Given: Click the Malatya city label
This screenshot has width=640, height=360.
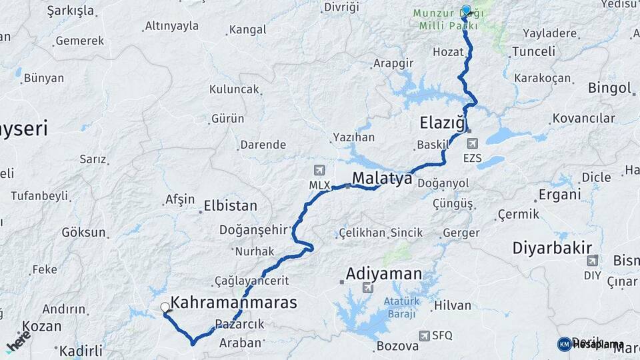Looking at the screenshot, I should (382, 178).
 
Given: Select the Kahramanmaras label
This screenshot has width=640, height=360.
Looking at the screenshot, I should (233, 302).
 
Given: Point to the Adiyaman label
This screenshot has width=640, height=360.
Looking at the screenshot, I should (384, 273).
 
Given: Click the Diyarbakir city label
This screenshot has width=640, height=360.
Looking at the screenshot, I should (552, 248).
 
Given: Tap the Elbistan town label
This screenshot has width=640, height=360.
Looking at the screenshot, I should (230, 206).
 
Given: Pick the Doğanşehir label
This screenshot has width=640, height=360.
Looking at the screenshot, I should (253, 229).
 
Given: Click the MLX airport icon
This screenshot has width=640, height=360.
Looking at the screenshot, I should (319, 171).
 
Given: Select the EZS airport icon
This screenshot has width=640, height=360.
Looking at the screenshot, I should (473, 143).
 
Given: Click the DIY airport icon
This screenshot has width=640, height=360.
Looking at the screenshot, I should (592, 260).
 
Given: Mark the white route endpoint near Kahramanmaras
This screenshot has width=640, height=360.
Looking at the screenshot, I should (165, 307).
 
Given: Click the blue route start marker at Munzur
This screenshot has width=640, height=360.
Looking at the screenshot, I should (466, 11).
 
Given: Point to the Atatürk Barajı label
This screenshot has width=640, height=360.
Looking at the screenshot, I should (403, 306).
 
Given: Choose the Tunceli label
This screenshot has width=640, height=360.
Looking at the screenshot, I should (534, 51).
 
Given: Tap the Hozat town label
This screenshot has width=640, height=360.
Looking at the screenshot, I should (448, 51).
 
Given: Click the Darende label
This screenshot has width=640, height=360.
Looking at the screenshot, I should (263, 145).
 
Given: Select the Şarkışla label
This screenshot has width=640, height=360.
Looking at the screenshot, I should (71, 11).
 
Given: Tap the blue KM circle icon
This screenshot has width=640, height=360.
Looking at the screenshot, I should (565, 344).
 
